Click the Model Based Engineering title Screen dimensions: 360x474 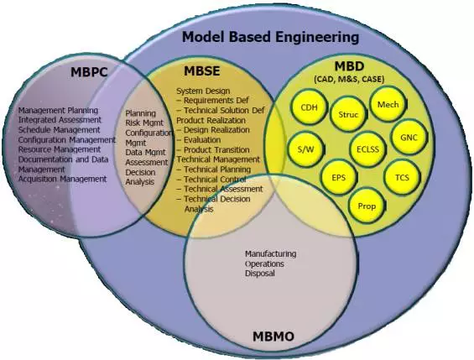[x=271, y=37]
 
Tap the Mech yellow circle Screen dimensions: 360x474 [x=388, y=106]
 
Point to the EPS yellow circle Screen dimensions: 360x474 [x=339, y=178]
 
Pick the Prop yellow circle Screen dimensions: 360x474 [x=367, y=206]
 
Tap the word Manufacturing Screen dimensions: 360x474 [x=270, y=253]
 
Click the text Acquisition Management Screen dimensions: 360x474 [x=62, y=178]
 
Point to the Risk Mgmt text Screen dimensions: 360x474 [x=144, y=122]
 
